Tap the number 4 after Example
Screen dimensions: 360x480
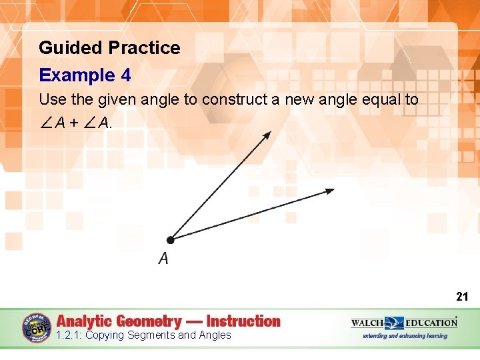[x=125, y=75]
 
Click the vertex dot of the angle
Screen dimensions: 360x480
[x=170, y=239]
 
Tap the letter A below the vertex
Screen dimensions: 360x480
[x=163, y=259]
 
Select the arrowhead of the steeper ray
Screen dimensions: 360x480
[x=267, y=135]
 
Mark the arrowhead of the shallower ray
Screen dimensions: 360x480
[x=330, y=191]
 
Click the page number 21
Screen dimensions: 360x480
[x=462, y=297]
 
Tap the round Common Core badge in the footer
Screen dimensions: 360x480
[x=37, y=328]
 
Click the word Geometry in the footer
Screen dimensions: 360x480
[x=151, y=321]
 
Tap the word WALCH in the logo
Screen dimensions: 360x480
[x=368, y=323]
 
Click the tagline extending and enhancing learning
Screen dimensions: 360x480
[x=405, y=336]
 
